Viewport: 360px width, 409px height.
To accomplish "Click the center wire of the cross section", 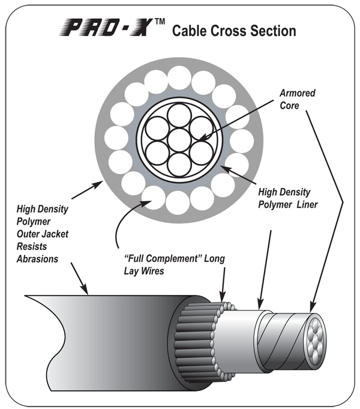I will coord(179,141).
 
